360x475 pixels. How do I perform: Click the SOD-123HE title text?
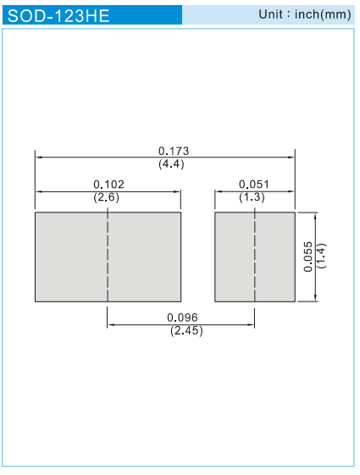(x=58, y=15)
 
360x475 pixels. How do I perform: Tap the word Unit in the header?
(x=270, y=14)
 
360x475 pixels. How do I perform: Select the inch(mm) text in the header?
(x=323, y=14)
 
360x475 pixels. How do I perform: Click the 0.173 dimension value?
(x=174, y=151)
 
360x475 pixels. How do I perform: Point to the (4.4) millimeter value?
(x=171, y=164)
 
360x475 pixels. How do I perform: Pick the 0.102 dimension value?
(x=108, y=185)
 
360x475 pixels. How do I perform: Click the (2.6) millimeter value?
(x=107, y=197)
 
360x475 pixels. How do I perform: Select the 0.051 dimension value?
(x=254, y=185)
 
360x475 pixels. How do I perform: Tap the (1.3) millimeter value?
(x=252, y=197)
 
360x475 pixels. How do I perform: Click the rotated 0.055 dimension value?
(x=307, y=257)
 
